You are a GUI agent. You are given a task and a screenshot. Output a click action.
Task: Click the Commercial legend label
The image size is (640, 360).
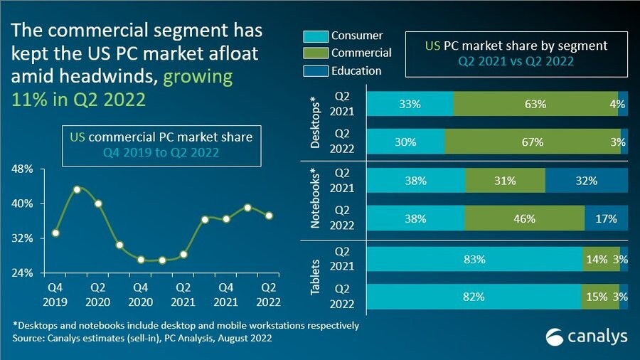tap(361, 53)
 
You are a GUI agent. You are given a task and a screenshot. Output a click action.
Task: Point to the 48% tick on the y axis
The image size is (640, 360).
tap(23, 170)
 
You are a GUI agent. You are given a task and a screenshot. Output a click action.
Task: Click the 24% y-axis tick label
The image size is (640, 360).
tap(23, 272)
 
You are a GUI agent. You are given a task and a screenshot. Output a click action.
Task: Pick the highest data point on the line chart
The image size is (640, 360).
tap(77, 189)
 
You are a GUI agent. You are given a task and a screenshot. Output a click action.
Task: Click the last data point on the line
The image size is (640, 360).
tap(269, 216)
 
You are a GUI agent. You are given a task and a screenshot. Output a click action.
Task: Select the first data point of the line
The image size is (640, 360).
tap(55, 233)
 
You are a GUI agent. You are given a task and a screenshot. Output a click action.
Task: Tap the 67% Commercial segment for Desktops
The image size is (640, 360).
tap(532, 142)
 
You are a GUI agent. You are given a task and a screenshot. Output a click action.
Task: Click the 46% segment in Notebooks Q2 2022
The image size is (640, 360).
tap(524, 219)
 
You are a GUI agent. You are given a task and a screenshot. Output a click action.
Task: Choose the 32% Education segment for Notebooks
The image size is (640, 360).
tap(587, 181)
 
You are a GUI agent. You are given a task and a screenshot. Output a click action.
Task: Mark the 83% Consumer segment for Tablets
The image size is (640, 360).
tap(474, 260)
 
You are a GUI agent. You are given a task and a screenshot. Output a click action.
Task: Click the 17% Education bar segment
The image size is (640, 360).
tap(606, 219)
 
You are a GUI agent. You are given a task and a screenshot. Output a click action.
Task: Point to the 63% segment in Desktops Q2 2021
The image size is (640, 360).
tap(535, 104)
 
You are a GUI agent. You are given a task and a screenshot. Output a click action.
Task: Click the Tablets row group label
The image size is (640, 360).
tap(316, 278)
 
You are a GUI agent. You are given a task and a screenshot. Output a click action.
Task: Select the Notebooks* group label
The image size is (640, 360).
tap(316, 200)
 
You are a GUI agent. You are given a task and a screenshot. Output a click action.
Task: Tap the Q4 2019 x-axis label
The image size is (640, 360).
tap(55, 295)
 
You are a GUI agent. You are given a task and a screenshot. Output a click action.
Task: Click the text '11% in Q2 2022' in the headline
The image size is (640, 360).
tap(78, 99)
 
